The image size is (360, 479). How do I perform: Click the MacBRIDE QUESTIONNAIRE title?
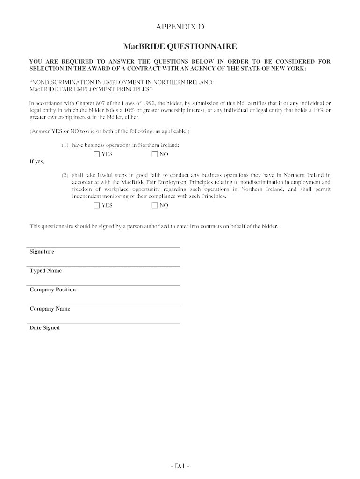(180, 46)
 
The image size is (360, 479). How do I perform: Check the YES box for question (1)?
(96, 154)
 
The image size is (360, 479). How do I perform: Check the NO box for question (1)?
(155, 154)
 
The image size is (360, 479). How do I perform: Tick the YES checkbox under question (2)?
(96, 205)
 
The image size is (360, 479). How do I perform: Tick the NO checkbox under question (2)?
(155, 205)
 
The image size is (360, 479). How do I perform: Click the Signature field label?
(42, 252)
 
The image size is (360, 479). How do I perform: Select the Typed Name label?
(45, 271)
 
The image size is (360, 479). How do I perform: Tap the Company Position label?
(52, 290)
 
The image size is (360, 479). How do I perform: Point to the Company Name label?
(50, 309)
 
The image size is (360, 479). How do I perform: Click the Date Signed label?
(44, 328)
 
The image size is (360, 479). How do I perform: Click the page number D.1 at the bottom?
(180, 466)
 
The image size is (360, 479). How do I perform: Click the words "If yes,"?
(36, 161)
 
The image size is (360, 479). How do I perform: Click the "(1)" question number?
(65, 145)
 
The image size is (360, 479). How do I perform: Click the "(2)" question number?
(65, 175)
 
